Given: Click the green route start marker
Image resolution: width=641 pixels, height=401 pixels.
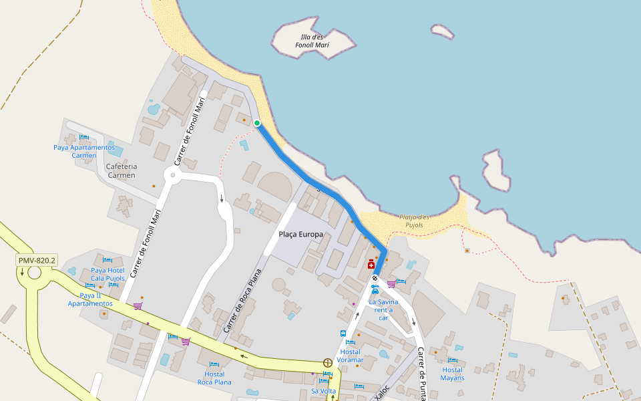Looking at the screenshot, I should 257,122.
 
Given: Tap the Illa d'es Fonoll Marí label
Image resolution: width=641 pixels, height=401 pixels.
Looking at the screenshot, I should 312,41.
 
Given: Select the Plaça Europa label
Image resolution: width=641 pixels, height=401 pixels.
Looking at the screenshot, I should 300,235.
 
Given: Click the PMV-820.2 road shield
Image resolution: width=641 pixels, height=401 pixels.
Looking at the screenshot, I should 37,261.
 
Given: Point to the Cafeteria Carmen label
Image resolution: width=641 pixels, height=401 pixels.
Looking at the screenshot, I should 121,171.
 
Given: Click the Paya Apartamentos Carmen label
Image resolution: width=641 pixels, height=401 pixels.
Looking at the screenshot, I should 84,151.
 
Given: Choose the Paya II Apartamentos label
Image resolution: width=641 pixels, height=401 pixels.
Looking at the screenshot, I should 90,299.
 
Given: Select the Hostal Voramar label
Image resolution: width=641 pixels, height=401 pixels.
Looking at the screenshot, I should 350,356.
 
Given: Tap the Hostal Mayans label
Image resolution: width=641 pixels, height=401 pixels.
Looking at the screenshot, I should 452,374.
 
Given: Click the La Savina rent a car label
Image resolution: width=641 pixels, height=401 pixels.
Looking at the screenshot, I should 383,309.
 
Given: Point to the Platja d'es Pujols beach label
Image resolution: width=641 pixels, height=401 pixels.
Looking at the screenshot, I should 414,221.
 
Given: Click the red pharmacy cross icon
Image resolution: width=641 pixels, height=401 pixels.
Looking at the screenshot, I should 371,265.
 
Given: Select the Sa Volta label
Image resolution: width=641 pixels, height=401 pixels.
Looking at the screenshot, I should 324,391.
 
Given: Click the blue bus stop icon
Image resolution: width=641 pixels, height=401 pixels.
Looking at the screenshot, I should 343,333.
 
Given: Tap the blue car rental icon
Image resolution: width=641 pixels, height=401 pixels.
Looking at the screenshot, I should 375,290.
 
